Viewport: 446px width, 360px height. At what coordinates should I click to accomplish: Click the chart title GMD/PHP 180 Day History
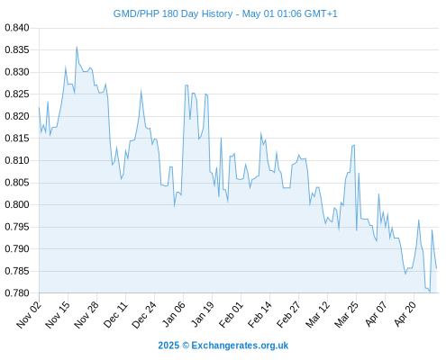[x=173, y=13]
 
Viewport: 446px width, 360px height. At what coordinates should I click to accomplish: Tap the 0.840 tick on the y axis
[x=17, y=28]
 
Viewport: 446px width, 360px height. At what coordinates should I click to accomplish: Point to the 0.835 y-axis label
[x=17, y=49]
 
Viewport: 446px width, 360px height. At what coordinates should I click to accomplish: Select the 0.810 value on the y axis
[x=17, y=160]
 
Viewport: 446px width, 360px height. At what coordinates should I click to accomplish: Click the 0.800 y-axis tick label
[x=17, y=204]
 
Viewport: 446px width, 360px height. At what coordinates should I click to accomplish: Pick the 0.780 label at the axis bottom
[x=17, y=292]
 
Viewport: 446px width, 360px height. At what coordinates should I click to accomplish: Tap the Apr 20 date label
[x=405, y=314]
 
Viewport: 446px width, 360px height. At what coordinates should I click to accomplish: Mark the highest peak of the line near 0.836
[x=77, y=47]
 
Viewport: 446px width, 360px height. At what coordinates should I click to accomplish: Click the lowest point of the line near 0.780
[x=430, y=292]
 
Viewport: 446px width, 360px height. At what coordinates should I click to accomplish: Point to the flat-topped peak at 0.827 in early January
[x=187, y=85]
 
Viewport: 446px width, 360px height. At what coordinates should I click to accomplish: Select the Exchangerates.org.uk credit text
[x=240, y=346]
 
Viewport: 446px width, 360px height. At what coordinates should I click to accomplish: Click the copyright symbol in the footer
[x=186, y=346]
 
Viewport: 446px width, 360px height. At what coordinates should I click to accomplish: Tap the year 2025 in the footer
[x=168, y=346]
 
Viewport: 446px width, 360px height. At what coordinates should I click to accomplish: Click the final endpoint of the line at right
[x=436, y=268]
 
